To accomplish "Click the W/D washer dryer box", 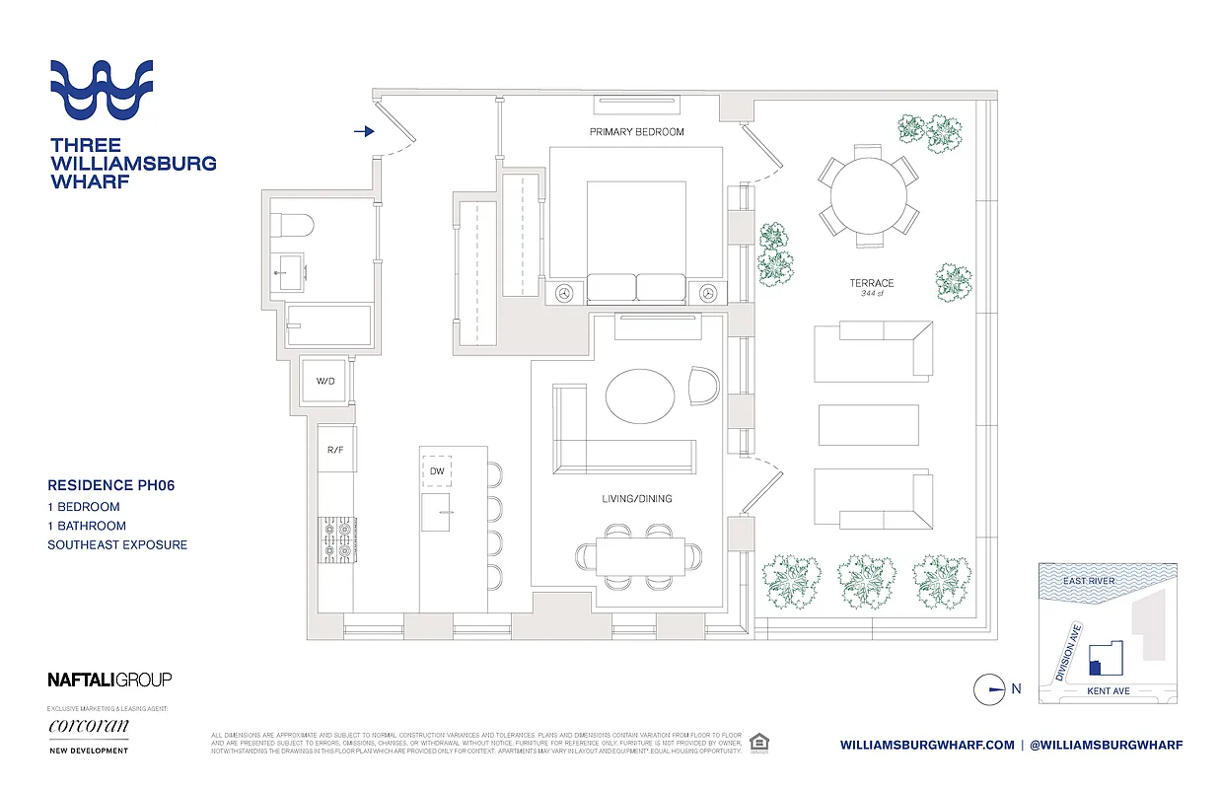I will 323,381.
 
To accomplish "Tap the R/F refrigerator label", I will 335,450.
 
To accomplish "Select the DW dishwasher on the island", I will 437,472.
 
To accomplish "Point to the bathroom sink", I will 290,271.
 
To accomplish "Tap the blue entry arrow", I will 364,130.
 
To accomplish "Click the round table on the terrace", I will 868,195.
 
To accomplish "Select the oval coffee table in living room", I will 641,395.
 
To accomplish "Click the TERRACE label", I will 871,283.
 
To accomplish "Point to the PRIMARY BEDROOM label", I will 636,132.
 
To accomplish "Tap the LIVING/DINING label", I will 636,499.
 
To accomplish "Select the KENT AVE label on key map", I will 1108,691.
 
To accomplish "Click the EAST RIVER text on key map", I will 1089,581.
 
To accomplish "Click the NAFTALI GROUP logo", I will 109,680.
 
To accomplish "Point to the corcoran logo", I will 89,727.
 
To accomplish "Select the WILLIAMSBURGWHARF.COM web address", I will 927,745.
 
